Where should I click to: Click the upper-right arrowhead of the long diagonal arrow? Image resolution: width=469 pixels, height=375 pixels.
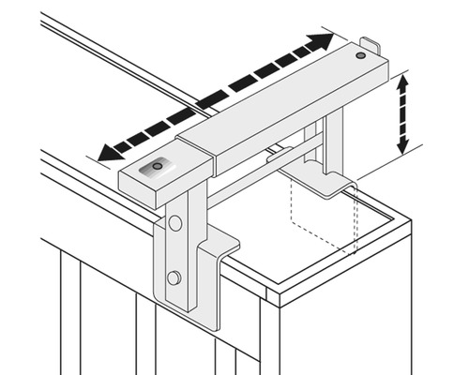pyautogui.click(x=324, y=40)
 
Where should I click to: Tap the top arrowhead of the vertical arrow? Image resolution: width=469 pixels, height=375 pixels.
pyautogui.click(x=404, y=82)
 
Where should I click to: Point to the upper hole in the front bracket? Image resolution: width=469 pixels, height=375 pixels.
pyautogui.click(x=175, y=223)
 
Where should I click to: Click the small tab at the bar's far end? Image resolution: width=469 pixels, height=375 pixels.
pyautogui.click(x=371, y=44)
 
